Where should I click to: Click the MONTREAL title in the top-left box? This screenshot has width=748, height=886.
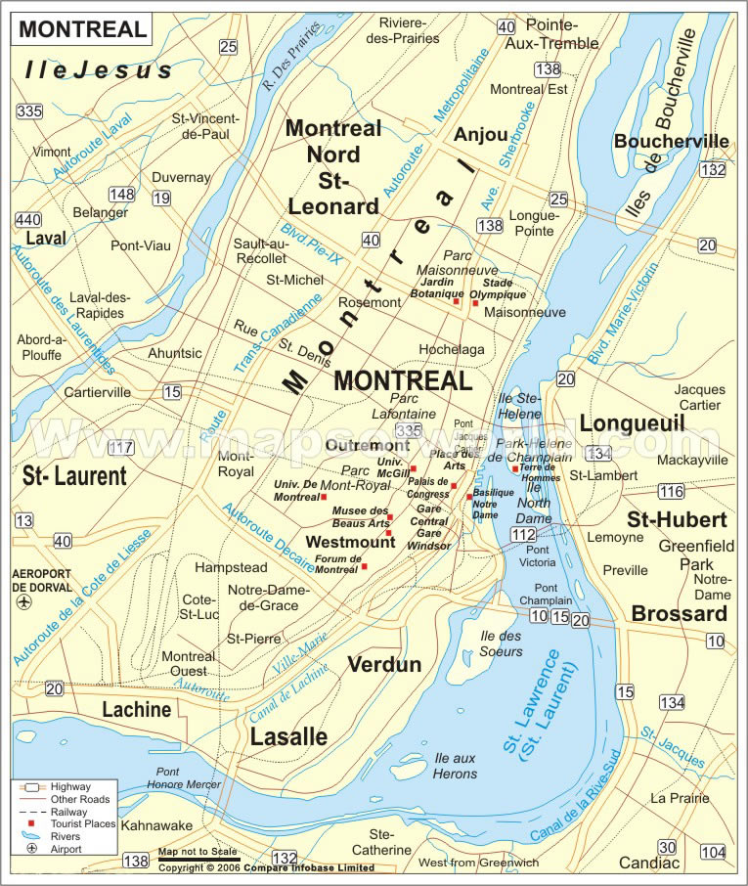pos(82,28)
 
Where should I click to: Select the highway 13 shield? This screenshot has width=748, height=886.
pos(23,520)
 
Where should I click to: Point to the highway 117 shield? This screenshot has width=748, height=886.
pos(121,449)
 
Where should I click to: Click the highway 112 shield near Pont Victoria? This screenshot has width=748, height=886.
pos(523,534)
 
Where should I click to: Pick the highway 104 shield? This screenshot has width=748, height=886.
pos(714,852)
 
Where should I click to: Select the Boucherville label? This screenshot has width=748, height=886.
pos(671,142)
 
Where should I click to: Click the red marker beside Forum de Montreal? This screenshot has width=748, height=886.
pos(364,566)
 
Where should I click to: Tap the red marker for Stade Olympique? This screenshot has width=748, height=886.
pos(475,303)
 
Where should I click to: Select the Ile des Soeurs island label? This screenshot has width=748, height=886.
pos(502,644)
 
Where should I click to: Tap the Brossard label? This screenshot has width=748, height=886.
pos(679,613)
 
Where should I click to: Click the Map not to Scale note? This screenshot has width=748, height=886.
pos(198,852)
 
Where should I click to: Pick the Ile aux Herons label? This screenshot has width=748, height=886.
pos(456,766)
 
